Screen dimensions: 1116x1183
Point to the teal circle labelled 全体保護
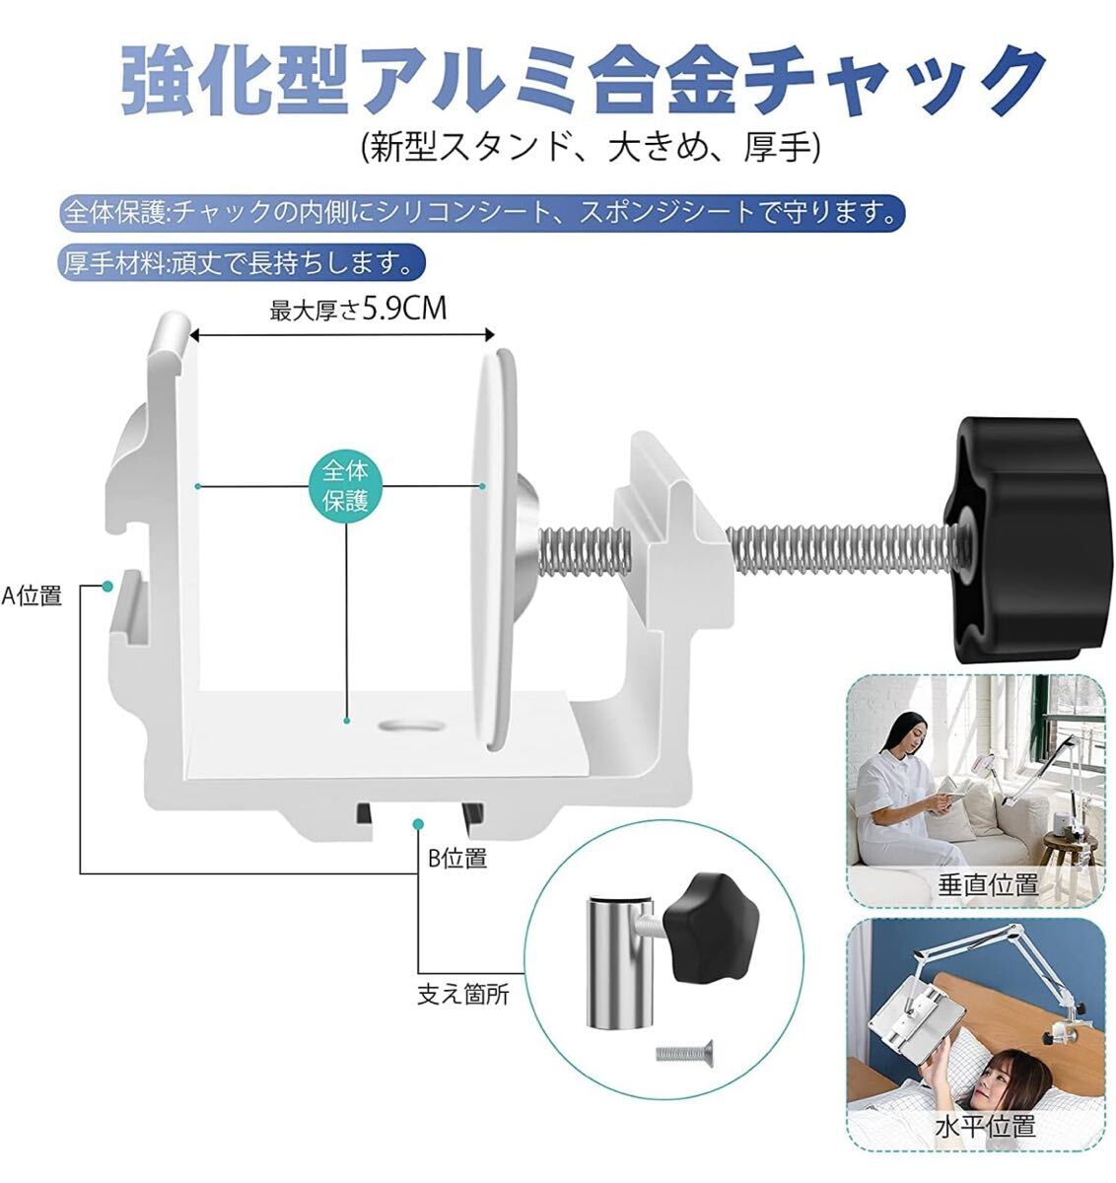(x=346, y=485)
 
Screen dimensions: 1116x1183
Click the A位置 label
(x=32, y=595)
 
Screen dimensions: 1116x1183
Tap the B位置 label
(x=457, y=859)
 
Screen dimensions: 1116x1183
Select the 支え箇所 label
(x=463, y=995)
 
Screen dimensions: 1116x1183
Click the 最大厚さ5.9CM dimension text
(x=358, y=310)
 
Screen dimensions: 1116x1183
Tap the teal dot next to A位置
(x=107, y=587)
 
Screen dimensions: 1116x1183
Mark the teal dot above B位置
(x=418, y=824)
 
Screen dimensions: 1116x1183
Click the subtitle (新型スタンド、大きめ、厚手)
(x=591, y=147)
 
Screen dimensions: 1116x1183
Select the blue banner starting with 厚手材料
(x=242, y=262)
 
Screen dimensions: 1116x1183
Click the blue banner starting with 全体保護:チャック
(x=481, y=213)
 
